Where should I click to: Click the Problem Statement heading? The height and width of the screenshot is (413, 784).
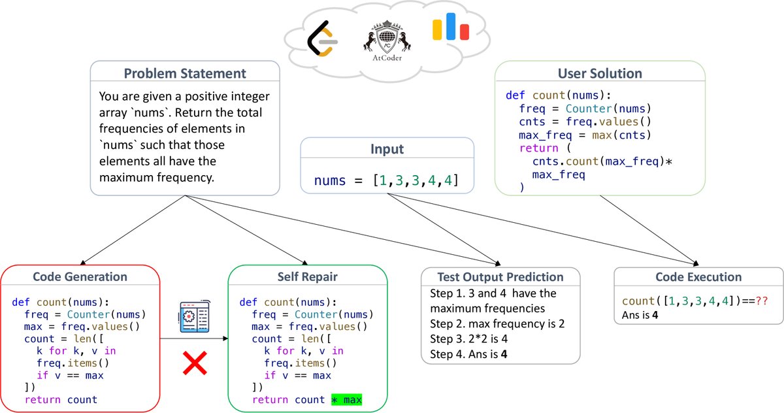coord(185,73)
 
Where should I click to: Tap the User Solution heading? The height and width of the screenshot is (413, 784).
coord(600,73)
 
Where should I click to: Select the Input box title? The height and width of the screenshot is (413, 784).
coord(387,149)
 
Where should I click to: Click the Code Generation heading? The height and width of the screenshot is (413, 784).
coord(80,276)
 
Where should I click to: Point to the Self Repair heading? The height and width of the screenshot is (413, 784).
coord(307,276)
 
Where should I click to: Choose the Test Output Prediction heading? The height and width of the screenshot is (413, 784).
coord(500,276)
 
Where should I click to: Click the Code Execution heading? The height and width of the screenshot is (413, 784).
coord(698,276)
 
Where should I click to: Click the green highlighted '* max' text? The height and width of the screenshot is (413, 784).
coord(346,399)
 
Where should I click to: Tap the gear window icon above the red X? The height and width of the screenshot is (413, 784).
coord(194,318)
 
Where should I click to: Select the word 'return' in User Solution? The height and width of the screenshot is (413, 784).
coord(534,148)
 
